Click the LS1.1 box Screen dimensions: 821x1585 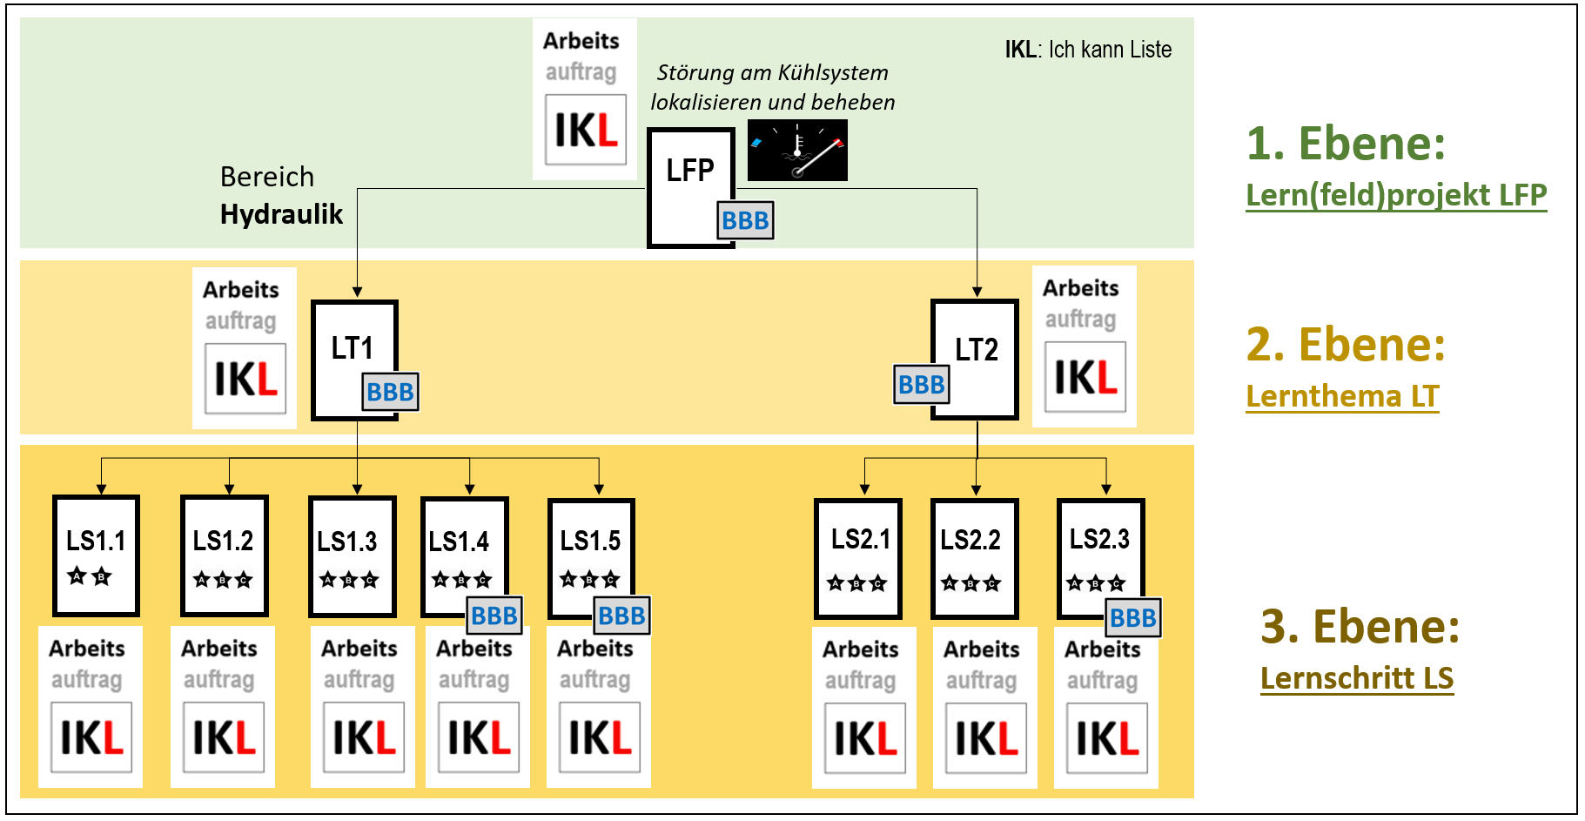96,555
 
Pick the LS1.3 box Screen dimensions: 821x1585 352,555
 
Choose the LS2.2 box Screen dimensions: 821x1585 974,557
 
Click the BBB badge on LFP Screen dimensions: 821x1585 745,220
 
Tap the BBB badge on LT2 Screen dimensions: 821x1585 921,384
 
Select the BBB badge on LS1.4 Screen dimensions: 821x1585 494,616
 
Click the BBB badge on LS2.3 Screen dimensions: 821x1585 1133,617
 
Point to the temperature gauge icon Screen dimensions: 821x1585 797,151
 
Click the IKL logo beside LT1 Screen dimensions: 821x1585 245,379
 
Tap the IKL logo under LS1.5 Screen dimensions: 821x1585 600,738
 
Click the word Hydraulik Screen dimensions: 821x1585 281,214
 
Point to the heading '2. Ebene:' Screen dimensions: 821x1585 1346,345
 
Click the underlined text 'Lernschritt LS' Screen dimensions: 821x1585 1357,678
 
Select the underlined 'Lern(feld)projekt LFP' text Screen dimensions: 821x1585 1396,195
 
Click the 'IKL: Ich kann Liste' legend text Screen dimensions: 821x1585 1088,50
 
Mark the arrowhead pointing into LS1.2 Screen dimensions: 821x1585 229,489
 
